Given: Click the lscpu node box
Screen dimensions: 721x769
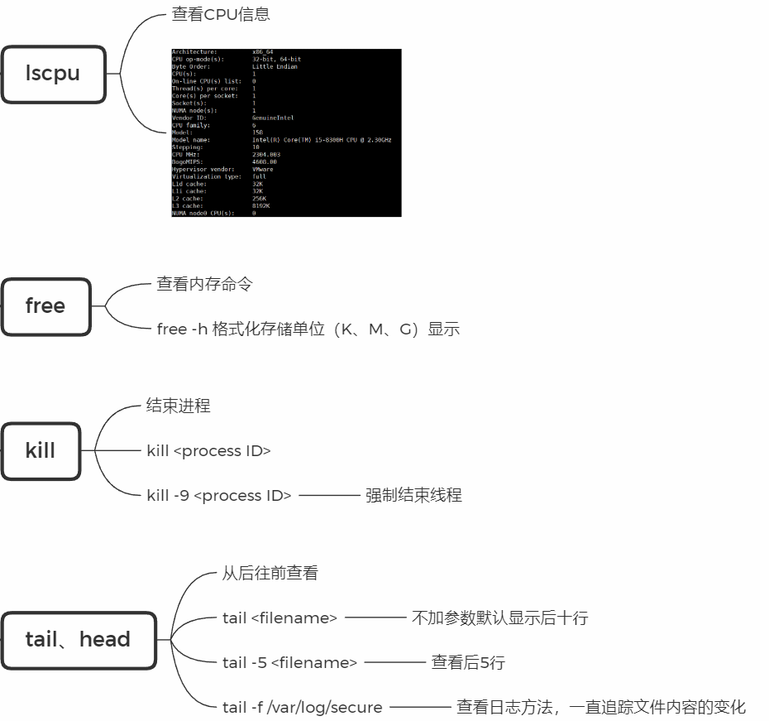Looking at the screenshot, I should coord(53,74).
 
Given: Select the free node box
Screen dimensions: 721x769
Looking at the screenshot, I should coord(45,306).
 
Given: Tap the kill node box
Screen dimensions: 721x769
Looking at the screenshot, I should coord(41,451).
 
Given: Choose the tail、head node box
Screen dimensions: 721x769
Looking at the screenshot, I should coord(78,640).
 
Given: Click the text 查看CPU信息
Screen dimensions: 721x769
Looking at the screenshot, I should coord(220,14).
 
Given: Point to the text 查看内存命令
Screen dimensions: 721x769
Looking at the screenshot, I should coord(204,284).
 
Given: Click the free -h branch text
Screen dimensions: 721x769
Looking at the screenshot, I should coord(308,329).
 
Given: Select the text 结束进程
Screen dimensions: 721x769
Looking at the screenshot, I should coord(178,406).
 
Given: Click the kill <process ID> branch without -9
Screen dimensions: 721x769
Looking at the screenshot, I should coord(208,451).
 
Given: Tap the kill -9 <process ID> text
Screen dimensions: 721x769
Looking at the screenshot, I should coord(218,496).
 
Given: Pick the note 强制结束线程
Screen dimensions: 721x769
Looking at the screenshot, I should coord(413,496).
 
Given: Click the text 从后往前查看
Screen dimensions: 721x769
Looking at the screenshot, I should coord(270,573).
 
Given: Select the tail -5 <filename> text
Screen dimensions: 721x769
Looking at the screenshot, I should coord(289,662).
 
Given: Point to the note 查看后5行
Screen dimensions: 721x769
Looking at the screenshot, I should coord(467,662).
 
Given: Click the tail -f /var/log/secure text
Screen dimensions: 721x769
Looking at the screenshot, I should coord(302,707).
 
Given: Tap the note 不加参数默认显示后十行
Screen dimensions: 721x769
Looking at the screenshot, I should coord(499,618).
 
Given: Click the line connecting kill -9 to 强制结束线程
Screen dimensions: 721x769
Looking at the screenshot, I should coord(328,496).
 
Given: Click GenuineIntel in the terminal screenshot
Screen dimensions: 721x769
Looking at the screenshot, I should coord(273,118).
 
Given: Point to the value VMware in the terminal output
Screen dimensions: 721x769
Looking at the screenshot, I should coord(263,170).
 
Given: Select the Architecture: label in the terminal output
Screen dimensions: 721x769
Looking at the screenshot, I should coord(194,52).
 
